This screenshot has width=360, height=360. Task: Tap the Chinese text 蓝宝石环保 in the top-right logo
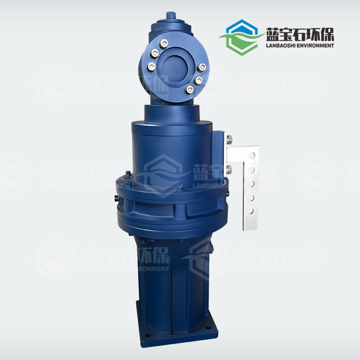click(x=300, y=34)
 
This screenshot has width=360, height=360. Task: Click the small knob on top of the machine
click(x=170, y=15)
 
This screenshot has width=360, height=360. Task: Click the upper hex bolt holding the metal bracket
click(x=228, y=140)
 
